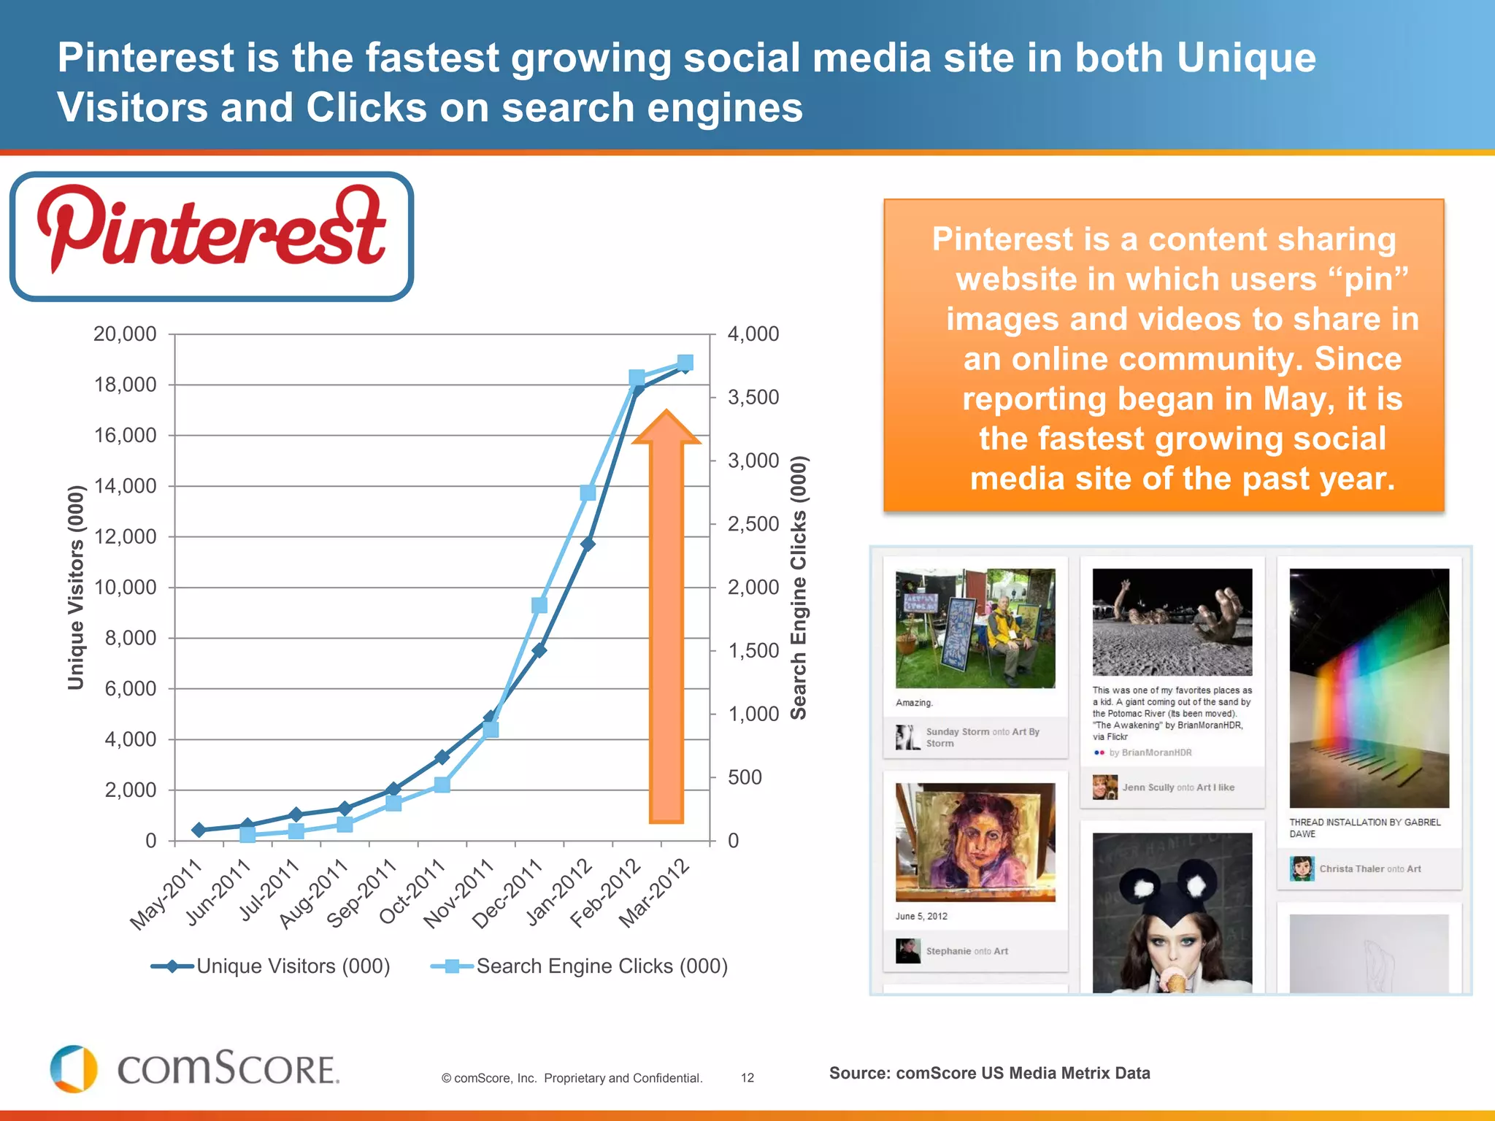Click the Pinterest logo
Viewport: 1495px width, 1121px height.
click(212, 236)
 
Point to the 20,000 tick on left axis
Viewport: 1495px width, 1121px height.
click(125, 334)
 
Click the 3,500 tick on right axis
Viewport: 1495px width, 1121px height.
click(753, 398)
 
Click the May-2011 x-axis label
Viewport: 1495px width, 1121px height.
click(166, 895)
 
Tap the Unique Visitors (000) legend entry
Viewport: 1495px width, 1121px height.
click(271, 966)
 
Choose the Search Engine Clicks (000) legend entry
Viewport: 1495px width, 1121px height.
click(580, 966)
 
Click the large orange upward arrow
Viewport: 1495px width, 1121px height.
click(666, 620)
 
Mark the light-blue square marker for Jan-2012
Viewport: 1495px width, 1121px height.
click(588, 493)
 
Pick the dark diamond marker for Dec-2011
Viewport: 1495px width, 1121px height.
click(539, 650)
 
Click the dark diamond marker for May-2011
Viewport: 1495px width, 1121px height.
click(199, 830)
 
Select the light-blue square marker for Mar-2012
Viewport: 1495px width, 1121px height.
click(685, 363)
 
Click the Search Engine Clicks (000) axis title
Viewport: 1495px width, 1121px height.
click(799, 588)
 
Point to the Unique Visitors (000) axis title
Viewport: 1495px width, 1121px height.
click(75, 588)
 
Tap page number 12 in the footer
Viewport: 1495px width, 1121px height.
click(747, 1078)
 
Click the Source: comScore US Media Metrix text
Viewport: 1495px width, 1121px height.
click(989, 1073)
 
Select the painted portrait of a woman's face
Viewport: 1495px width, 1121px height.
click(975, 842)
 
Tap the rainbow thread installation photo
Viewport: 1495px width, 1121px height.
click(1369, 687)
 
